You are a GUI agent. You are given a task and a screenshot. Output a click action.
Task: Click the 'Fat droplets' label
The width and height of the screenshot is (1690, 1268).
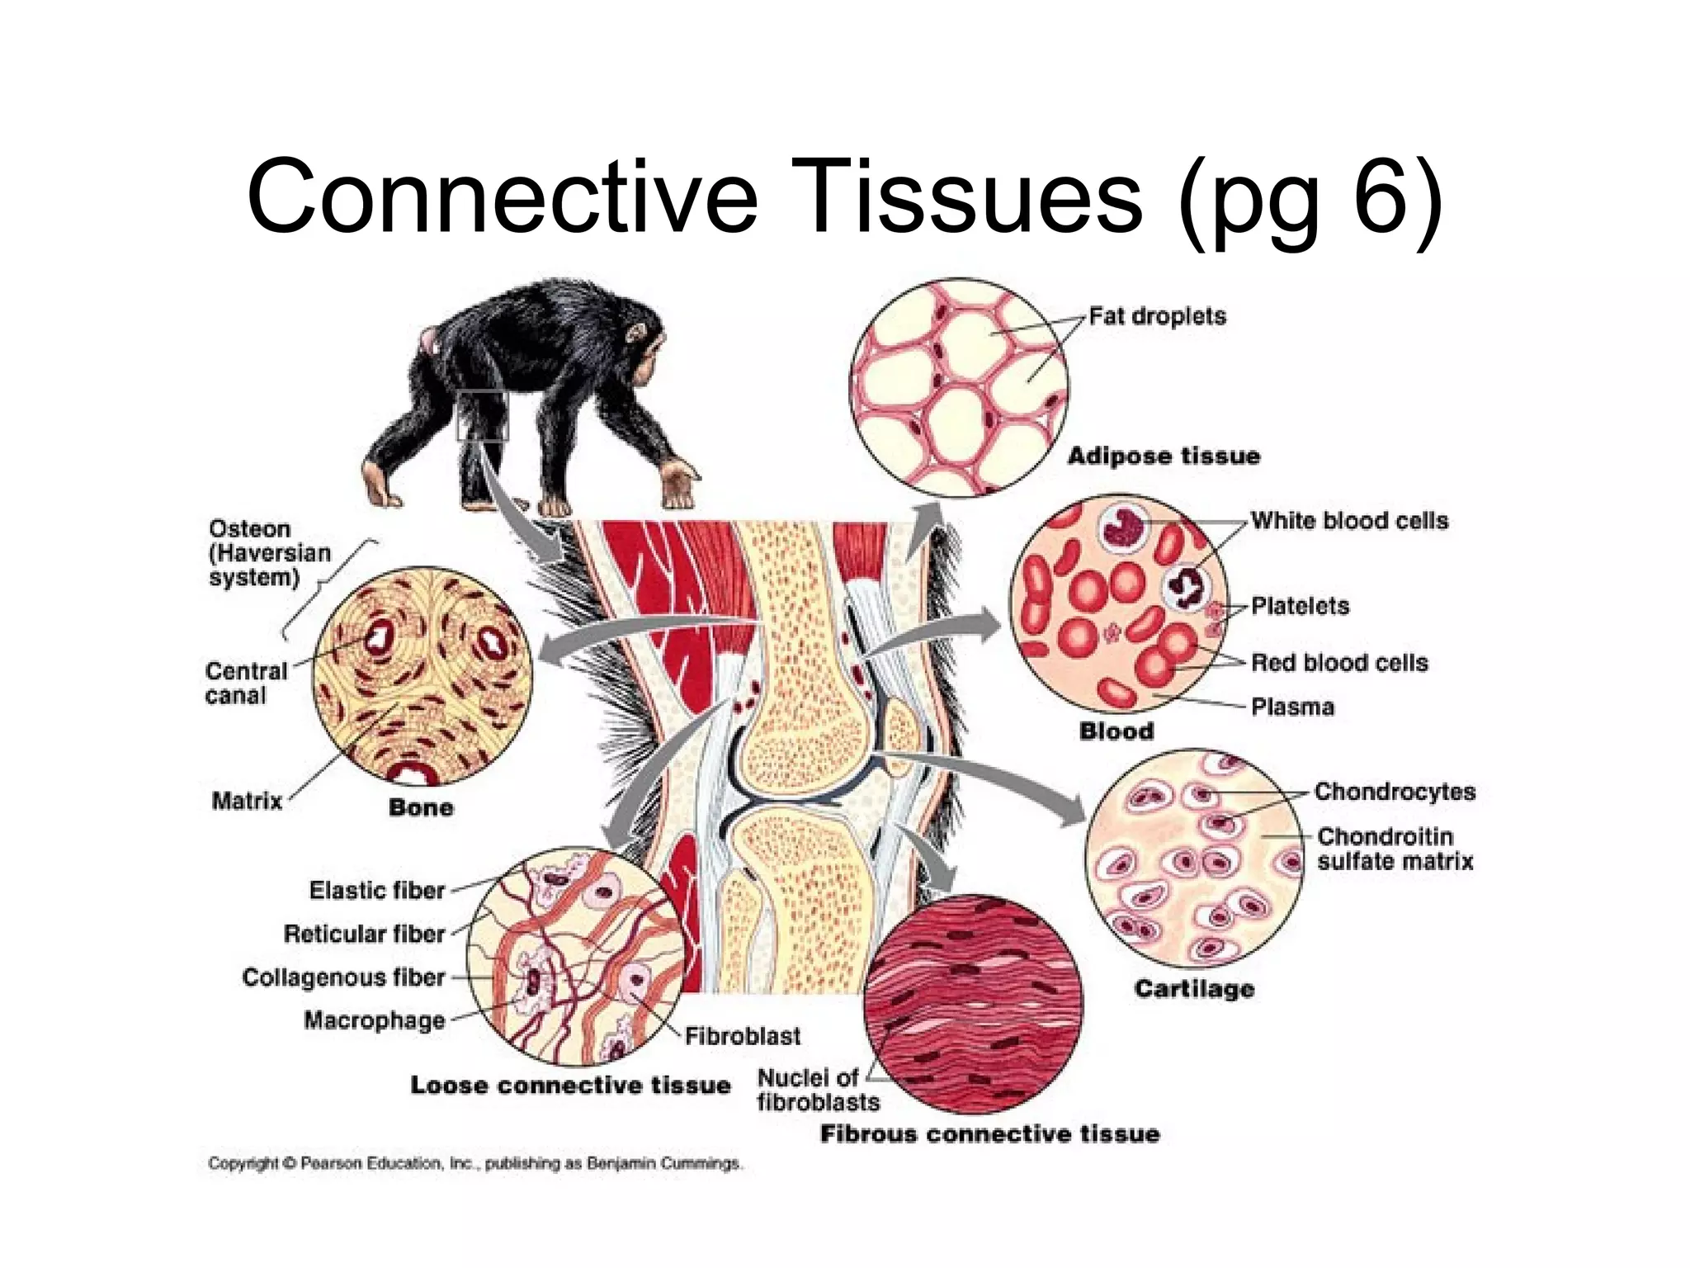[x=1157, y=316]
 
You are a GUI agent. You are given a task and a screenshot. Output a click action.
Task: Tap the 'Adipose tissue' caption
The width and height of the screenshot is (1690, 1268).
[x=1164, y=456]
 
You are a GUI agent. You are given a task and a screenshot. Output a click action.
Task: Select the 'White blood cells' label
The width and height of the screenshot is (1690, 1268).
[x=1349, y=521]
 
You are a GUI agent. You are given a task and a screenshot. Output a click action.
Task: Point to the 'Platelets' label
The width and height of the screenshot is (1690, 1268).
[x=1300, y=606]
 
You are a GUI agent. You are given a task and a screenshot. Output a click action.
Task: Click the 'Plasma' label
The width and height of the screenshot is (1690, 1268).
[x=1292, y=707]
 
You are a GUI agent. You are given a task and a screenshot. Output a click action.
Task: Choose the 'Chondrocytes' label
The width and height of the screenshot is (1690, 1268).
[x=1395, y=792]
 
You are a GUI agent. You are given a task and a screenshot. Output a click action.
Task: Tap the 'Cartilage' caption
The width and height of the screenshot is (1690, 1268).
[x=1194, y=989]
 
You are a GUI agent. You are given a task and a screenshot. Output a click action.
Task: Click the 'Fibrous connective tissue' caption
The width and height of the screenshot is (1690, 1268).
[x=989, y=1134]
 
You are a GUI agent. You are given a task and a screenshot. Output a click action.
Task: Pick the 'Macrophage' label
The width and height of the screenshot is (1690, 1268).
[x=375, y=1020]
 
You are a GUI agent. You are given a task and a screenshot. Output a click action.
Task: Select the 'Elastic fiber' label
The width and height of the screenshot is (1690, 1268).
[x=377, y=891]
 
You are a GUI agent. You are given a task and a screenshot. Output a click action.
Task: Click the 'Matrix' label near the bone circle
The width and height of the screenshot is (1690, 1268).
[x=247, y=801]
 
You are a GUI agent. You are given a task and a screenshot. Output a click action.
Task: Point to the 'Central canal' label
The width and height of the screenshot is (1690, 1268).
[x=245, y=683]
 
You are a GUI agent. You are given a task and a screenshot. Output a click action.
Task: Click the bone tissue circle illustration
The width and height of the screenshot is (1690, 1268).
[x=422, y=675]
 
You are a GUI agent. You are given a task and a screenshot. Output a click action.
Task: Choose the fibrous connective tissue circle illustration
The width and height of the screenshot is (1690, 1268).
[x=973, y=1004]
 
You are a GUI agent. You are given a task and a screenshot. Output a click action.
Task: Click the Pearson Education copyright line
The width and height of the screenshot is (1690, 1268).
[x=475, y=1164]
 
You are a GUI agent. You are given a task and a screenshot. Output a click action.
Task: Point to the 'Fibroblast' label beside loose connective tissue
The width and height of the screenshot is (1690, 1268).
[x=743, y=1036]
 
